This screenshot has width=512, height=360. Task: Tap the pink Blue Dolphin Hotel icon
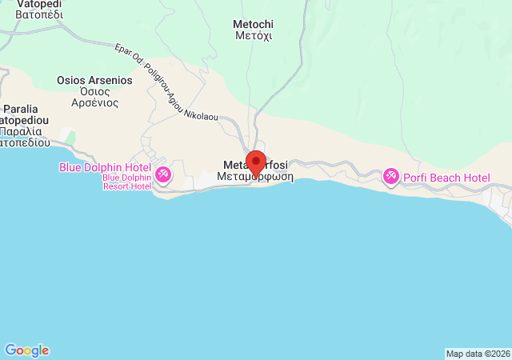pyautogui.click(x=162, y=174)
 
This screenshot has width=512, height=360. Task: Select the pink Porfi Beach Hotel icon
pyautogui.click(x=391, y=175)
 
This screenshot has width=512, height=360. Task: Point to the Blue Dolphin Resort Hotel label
pyautogui.click(x=126, y=182)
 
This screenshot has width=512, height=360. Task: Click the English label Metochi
pyautogui.click(x=252, y=24)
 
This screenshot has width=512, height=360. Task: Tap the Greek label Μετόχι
pyautogui.click(x=252, y=36)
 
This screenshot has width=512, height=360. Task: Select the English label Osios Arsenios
pyautogui.click(x=94, y=80)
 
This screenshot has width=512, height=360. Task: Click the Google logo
pyautogui.click(x=26, y=350)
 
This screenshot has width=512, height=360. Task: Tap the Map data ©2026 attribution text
pyautogui.click(x=477, y=354)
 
